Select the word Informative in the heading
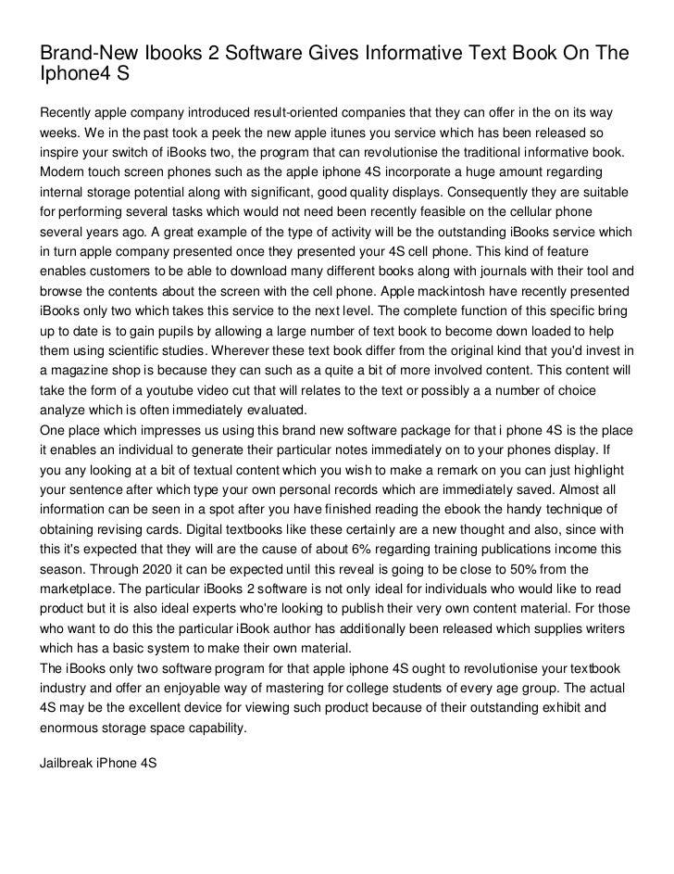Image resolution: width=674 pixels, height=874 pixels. (x=421, y=54)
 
